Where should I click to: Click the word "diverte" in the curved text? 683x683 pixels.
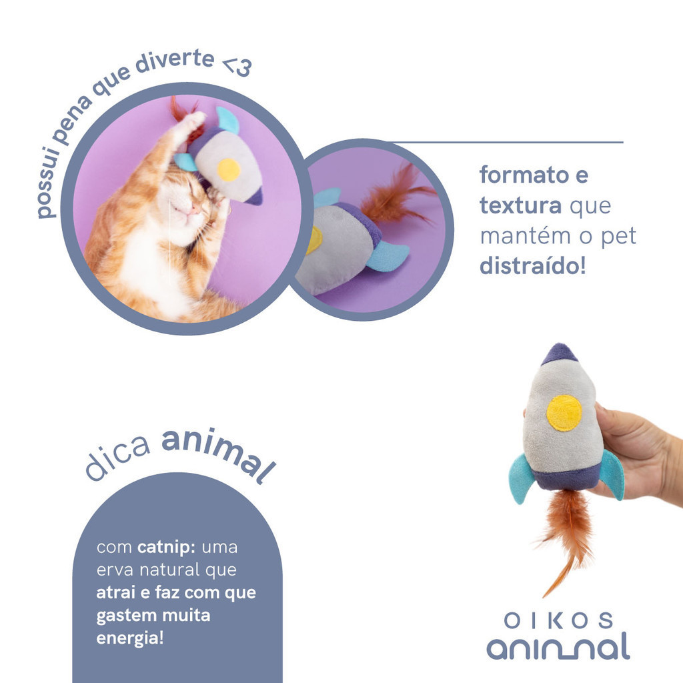(175, 62)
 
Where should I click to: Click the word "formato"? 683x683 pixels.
(524, 175)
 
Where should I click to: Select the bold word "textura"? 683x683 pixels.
(520, 205)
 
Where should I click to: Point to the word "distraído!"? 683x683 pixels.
(532, 265)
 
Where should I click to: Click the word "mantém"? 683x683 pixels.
(528, 235)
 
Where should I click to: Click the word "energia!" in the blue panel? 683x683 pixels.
(130, 638)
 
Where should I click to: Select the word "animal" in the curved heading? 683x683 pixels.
(218, 454)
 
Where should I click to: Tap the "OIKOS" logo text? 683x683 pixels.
(558, 621)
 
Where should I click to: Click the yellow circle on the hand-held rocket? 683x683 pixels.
(564, 413)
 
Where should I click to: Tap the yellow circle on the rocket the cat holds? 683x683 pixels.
(229, 169)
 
